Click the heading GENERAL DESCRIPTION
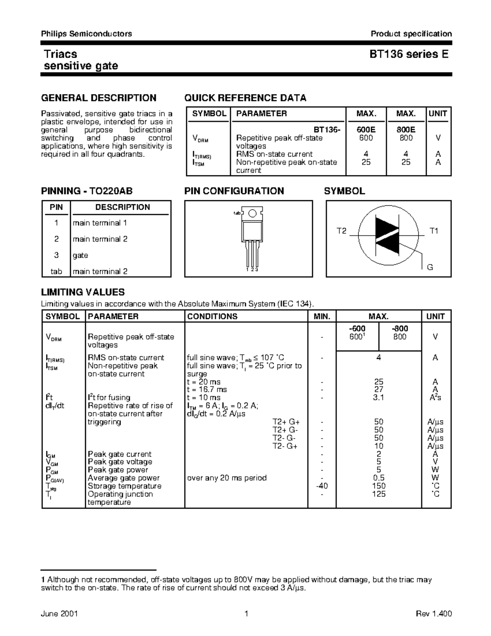click(x=99, y=98)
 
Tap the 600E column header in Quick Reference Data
click(x=366, y=129)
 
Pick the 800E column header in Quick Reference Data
click(x=406, y=129)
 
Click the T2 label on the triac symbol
click(x=341, y=231)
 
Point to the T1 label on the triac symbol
click(x=434, y=231)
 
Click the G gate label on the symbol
click(x=430, y=267)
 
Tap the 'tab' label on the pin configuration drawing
click(x=236, y=213)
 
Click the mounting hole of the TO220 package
click(x=252, y=213)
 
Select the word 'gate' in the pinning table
click(x=81, y=255)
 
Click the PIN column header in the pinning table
click(x=56, y=207)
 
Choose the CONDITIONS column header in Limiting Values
click(x=212, y=316)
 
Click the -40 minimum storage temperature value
click(x=322, y=486)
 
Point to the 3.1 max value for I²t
click(x=378, y=397)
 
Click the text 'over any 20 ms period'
click(x=227, y=478)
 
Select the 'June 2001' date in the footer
click(x=60, y=613)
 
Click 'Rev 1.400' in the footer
click(x=434, y=613)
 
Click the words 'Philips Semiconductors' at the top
click(x=86, y=34)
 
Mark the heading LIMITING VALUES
click(x=83, y=292)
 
